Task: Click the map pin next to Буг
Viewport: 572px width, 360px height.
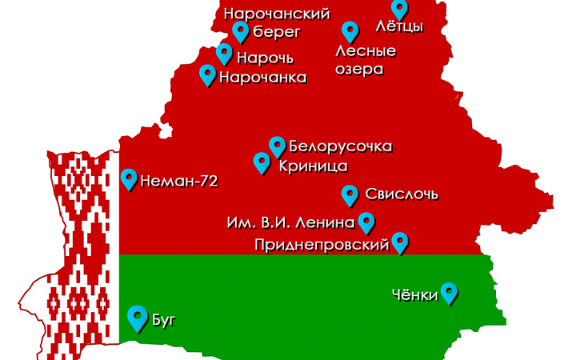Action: [x=138, y=318]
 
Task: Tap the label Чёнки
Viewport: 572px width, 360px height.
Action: [x=416, y=295]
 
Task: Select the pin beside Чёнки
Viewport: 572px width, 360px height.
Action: [x=450, y=293]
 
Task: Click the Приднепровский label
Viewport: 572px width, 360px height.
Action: [x=321, y=244]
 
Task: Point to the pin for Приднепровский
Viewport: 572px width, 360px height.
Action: [x=400, y=242]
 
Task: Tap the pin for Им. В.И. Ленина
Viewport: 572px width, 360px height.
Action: [x=366, y=222]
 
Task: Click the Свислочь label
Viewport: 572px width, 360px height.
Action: [x=401, y=194]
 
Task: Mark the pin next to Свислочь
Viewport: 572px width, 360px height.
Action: [x=350, y=194]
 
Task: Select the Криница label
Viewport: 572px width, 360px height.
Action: [x=313, y=166]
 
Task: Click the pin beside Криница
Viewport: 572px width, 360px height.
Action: [x=262, y=162]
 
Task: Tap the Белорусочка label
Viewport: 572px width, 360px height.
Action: [x=340, y=147]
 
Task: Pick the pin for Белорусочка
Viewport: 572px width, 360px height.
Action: [x=277, y=146]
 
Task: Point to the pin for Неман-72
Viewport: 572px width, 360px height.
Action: [x=129, y=178]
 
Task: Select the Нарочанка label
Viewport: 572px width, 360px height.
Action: [x=262, y=78]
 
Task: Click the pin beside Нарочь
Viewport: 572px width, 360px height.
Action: [x=225, y=54]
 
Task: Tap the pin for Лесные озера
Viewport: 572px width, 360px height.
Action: [x=350, y=31]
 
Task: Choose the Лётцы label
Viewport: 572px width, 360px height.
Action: [x=398, y=26]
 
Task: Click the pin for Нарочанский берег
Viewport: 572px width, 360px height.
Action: [x=240, y=31]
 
